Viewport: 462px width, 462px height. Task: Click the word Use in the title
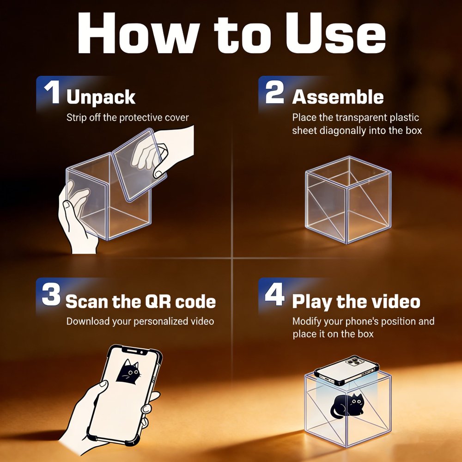click(335, 33)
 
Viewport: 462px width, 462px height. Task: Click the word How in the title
click(138, 33)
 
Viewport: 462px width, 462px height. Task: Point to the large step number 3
click(51, 294)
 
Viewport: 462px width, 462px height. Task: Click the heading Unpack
click(101, 97)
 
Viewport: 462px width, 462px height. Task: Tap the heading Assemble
click(338, 97)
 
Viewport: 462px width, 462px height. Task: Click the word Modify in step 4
click(307, 322)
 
